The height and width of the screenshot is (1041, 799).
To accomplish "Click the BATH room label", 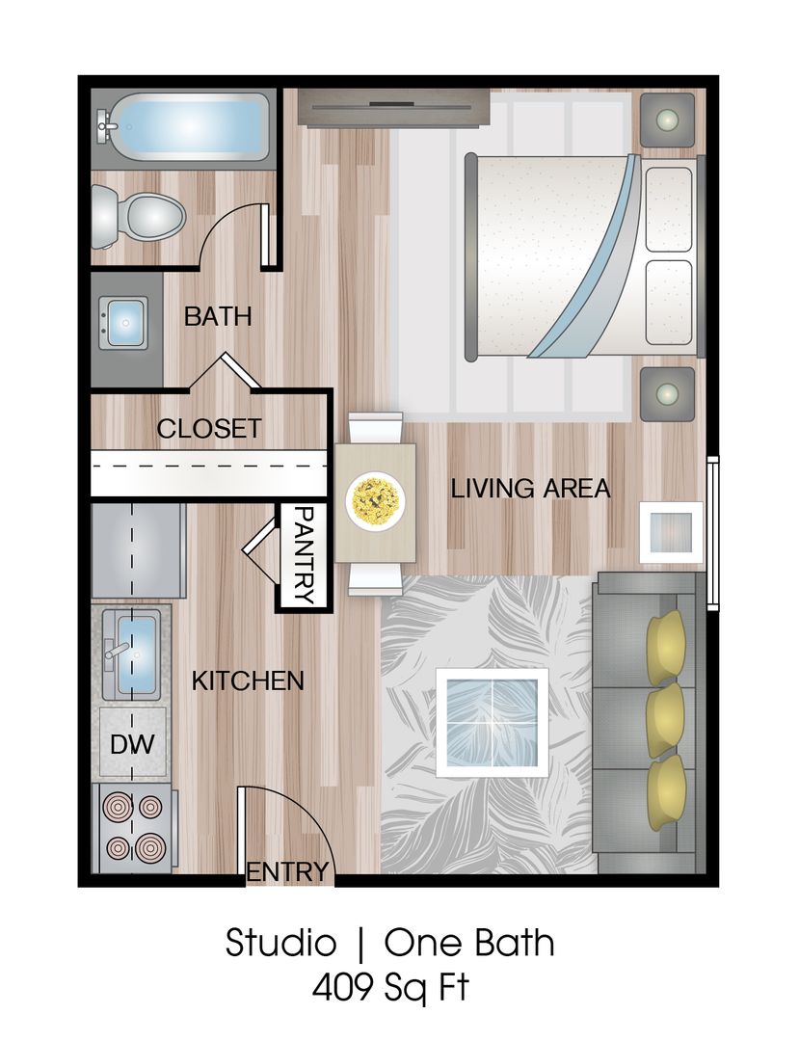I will [218, 315].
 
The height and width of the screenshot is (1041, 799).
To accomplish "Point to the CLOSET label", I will [209, 428].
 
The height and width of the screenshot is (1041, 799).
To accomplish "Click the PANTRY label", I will [304, 556].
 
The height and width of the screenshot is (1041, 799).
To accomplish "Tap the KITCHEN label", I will [248, 681].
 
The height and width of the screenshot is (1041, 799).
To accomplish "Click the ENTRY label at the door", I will [287, 872].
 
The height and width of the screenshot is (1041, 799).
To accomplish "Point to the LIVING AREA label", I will [530, 489].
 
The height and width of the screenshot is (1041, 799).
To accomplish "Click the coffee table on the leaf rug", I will [492, 722].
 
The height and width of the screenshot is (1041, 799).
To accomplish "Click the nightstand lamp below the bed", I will [667, 393].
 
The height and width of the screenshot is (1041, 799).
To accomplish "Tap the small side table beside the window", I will [672, 530].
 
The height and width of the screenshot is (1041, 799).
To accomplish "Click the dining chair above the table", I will [375, 427].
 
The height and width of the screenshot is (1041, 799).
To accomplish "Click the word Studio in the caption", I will [280, 942].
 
